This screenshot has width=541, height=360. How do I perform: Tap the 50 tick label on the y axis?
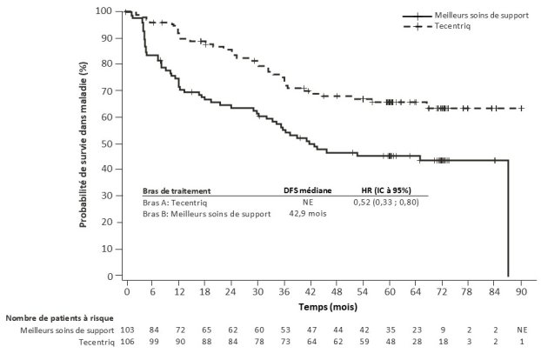[x=113, y=143]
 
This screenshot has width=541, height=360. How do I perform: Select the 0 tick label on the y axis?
[x=116, y=277]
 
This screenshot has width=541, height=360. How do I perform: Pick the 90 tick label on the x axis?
[x=522, y=293]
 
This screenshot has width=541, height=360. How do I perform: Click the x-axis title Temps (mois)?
[x=324, y=307]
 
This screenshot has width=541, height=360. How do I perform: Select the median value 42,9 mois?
[x=304, y=214]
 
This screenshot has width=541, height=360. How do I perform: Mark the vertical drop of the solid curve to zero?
[x=508, y=217]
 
